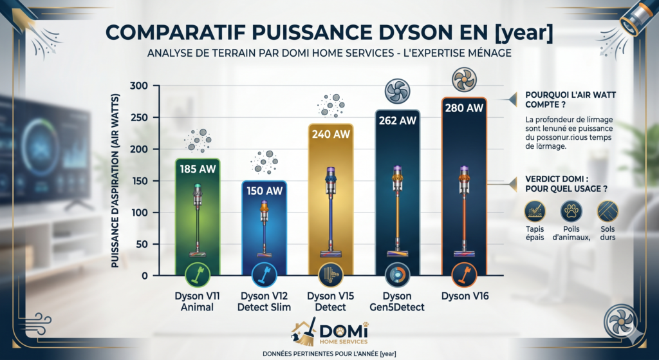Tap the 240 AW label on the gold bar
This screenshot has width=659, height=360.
click(x=331, y=135)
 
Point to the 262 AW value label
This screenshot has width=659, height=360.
click(x=398, y=120)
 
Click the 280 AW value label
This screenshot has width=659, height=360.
click(x=464, y=108)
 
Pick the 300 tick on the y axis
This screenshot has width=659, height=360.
click(x=139, y=86)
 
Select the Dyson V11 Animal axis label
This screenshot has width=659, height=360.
click(x=198, y=301)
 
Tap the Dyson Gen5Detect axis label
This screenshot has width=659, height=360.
click(x=398, y=301)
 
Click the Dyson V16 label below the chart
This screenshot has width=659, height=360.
click(x=464, y=296)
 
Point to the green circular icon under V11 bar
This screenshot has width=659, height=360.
click(x=198, y=274)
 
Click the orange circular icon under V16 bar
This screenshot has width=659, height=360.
click(x=464, y=274)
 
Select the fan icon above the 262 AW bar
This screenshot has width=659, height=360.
click(x=398, y=91)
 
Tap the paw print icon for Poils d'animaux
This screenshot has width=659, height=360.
click(x=570, y=211)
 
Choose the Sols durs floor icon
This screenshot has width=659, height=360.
click(x=607, y=211)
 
